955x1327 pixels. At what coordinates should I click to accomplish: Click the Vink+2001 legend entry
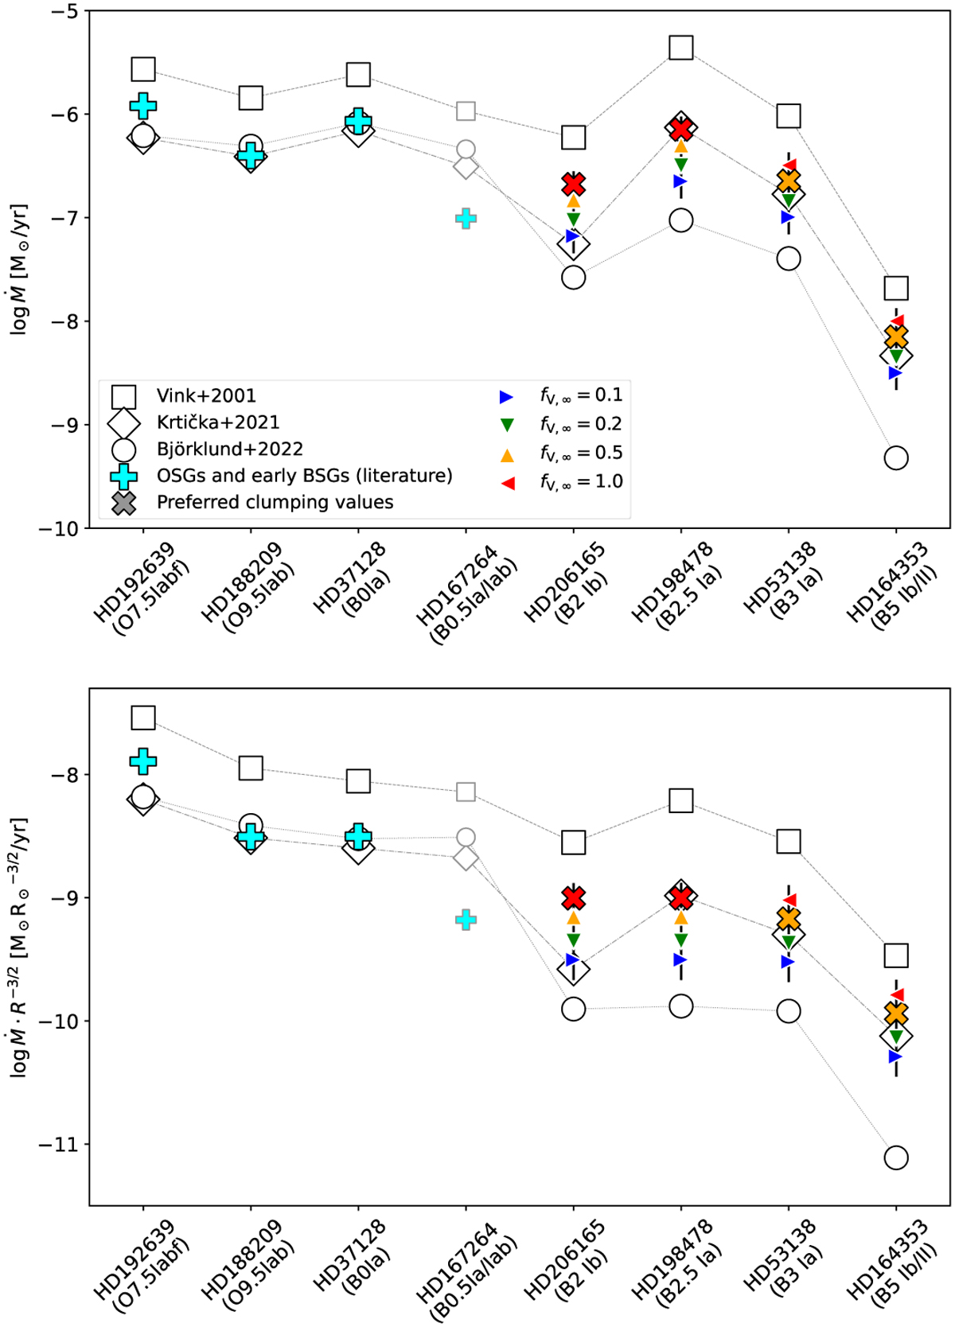pos(206,395)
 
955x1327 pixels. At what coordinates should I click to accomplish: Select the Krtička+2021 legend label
pos(217,422)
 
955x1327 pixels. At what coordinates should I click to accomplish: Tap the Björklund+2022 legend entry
pos(229,449)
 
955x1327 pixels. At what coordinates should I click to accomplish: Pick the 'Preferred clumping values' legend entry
pos(275,502)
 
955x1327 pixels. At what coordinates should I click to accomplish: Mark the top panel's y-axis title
pos(19,270)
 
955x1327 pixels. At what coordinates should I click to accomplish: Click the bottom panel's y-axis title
pos(19,947)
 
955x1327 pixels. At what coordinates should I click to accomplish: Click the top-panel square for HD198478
pos(681,48)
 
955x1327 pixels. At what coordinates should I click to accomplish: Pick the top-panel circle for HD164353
pos(896,457)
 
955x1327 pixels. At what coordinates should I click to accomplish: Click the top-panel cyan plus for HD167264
pos(466,218)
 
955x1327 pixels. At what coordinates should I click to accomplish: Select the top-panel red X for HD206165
pos(574,185)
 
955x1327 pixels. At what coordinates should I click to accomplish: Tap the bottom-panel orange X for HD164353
pos(896,1014)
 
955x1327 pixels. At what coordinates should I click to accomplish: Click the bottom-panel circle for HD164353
pos(896,1158)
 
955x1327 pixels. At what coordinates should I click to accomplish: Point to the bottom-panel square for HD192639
pos(143,718)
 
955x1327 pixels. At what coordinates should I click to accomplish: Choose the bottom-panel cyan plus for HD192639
pos(143,761)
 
